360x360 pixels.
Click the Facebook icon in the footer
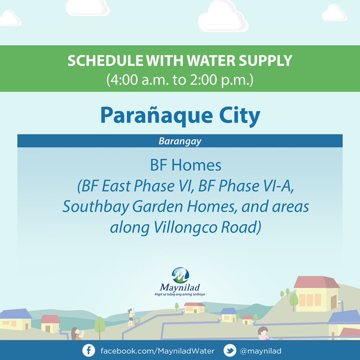click(88, 351)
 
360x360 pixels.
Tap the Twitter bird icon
click(230, 351)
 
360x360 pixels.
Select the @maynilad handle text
click(260, 351)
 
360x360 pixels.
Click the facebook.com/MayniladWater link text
click(157, 351)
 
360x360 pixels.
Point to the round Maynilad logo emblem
click(180, 275)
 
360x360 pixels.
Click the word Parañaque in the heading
click(157, 115)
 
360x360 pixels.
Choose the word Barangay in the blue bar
click(180, 141)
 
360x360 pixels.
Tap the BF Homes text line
click(186, 165)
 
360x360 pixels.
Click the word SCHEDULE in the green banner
click(106, 61)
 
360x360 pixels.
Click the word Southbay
click(96, 207)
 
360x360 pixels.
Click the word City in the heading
click(240, 116)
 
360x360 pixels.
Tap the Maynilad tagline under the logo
click(180, 294)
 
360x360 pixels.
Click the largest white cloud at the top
click(223, 16)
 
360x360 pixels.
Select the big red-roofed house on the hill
click(316, 294)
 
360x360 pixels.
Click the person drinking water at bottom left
click(76, 334)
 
